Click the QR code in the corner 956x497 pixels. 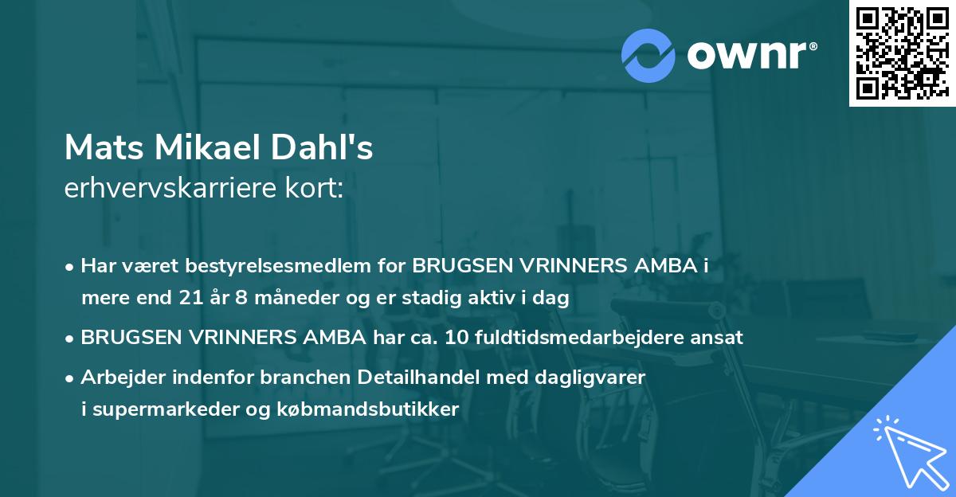(902, 53)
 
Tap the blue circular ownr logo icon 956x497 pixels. (648, 55)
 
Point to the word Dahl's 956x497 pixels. (331, 147)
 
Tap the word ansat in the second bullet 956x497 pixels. (720, 337)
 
